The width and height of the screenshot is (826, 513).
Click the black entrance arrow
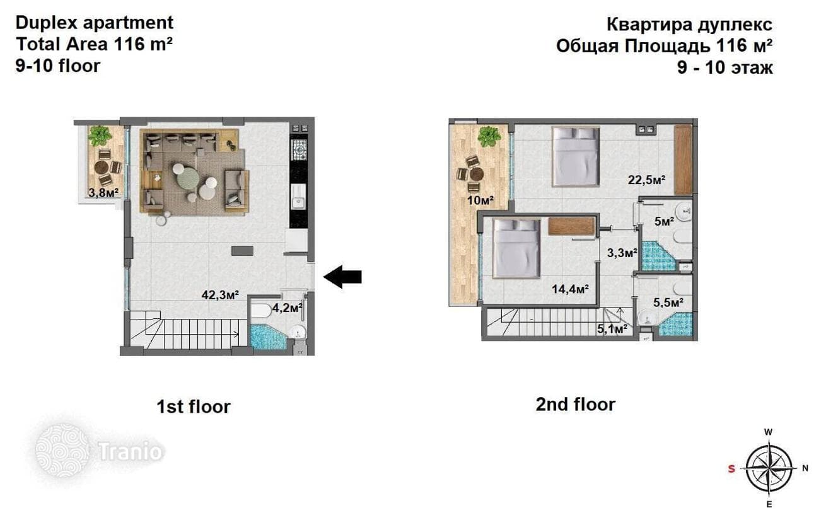coord(342,277)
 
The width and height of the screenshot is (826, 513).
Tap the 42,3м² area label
coord(220,295)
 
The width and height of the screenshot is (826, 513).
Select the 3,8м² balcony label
coord(103,192)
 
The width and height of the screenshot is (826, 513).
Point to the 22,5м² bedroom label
coord(647,180)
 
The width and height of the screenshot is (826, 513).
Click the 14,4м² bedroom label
coord(570,289)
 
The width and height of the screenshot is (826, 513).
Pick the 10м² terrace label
coord(480,200)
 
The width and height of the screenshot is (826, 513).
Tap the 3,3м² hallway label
coord(622,253)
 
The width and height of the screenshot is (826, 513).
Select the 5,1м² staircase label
coord(612,328)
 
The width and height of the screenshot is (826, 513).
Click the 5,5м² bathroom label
coord(668,303)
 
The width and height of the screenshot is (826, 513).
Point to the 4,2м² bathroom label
coord(288,308)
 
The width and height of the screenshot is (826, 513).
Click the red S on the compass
coord(732,469)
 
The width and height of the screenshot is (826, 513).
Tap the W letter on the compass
coord(769,432)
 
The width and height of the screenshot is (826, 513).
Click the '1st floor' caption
coord(194,407)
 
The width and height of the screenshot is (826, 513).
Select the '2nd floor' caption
coord(576,404)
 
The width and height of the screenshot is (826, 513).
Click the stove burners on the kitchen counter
coord(298,149)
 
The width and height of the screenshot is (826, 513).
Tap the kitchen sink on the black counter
coord(298,201)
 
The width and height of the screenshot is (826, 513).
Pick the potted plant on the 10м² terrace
coord(489,136)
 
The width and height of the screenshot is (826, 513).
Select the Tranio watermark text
coord(130,451)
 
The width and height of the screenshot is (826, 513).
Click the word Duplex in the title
coord(47,23)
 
